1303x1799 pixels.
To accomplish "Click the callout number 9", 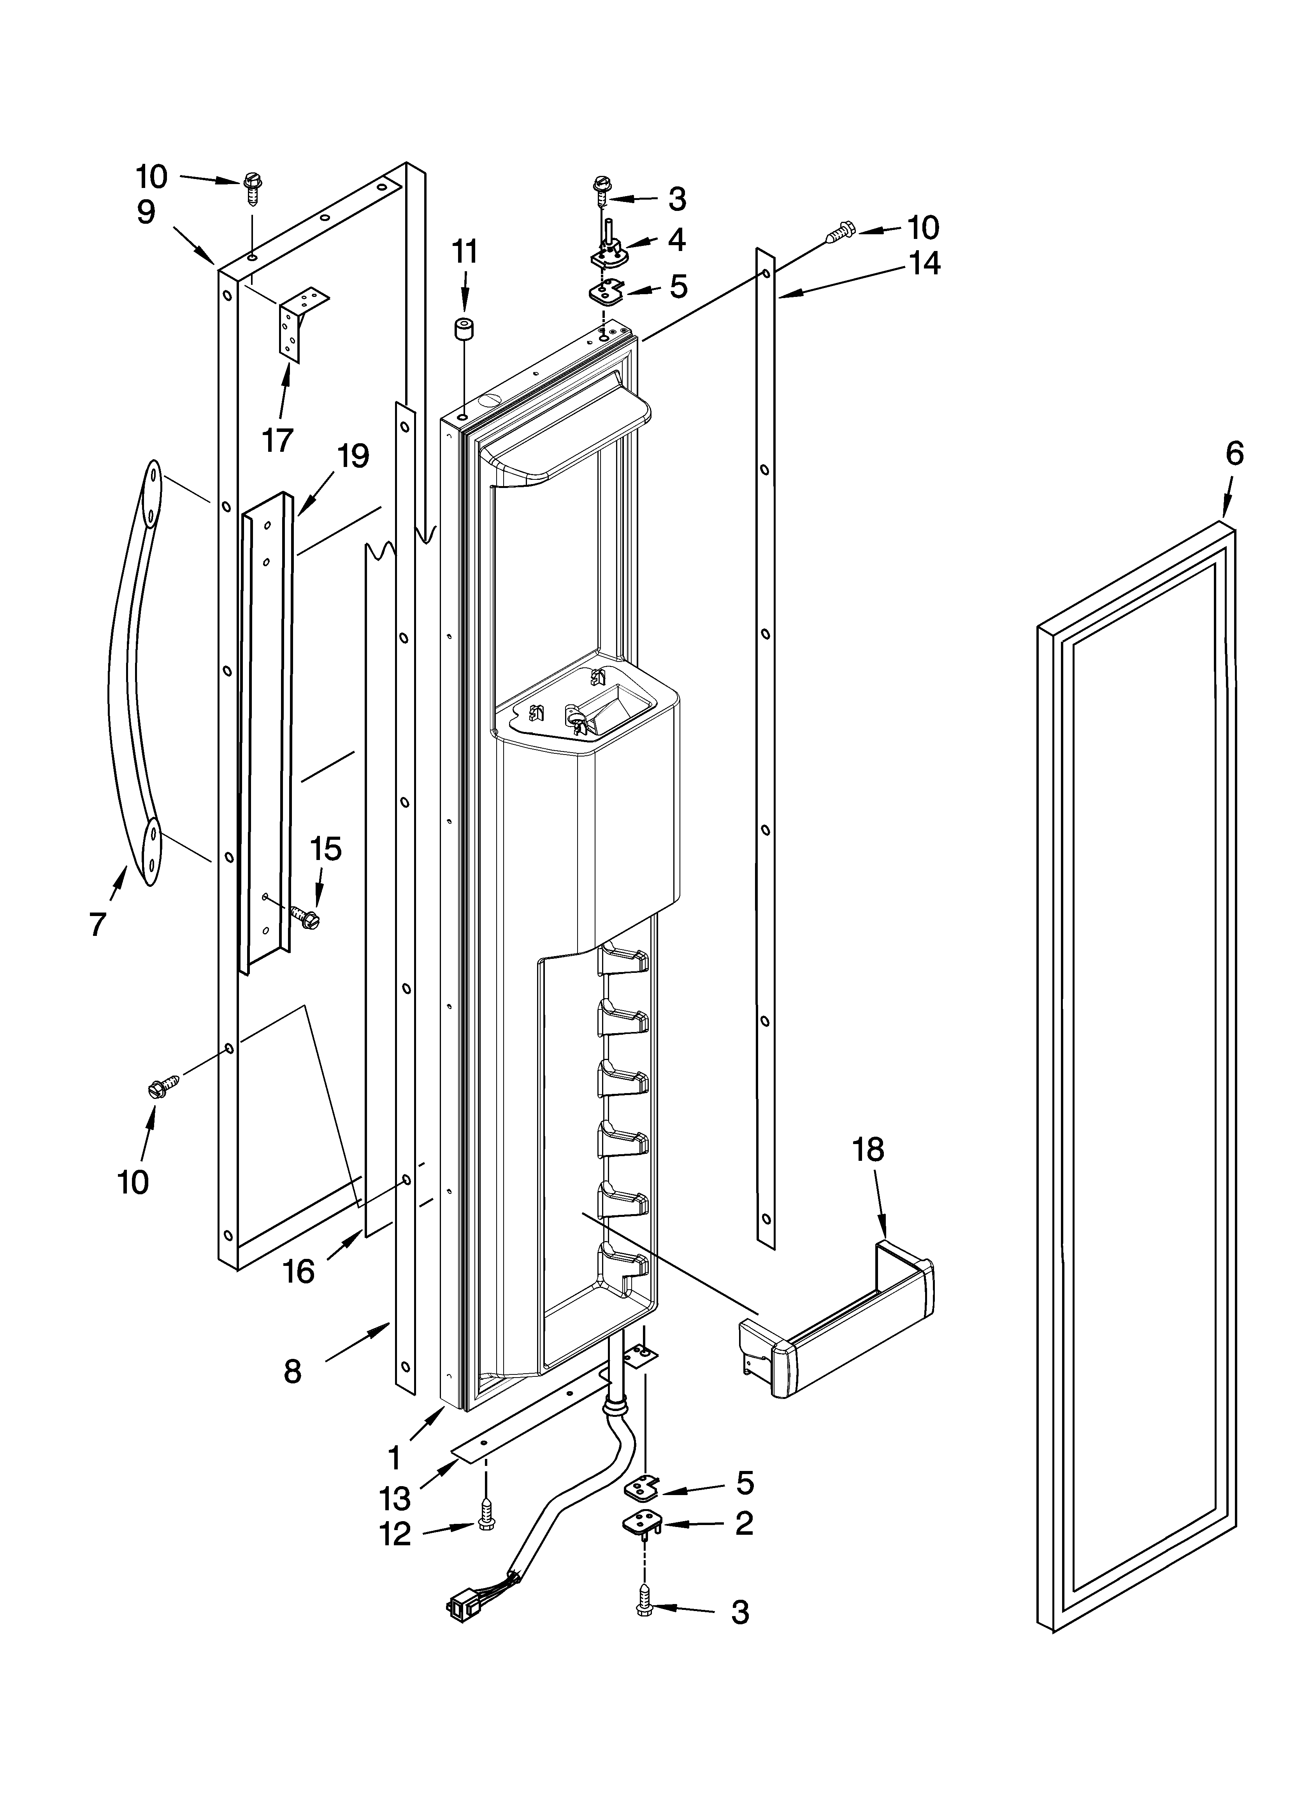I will (145, 212).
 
